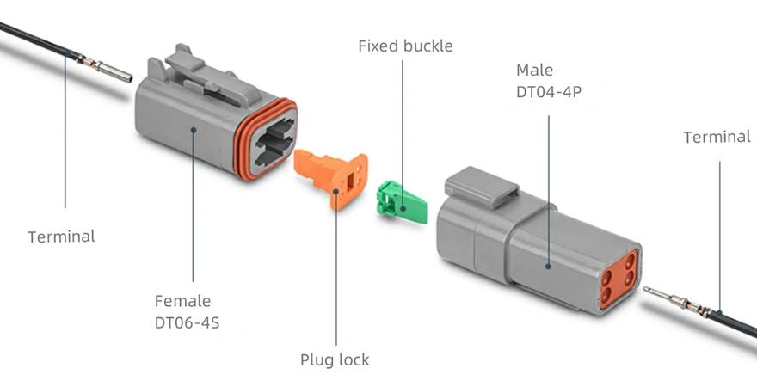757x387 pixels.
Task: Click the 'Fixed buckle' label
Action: pyautogui.click(x=405, y=46)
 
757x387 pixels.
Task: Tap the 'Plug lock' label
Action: pyautogui.click(x=335, y=359)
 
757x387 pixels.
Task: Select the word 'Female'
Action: pyautogui.click(x=182, y=301)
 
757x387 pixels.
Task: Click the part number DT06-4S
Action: pyautogui.click(x=187, y=322)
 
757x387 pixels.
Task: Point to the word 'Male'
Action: pyautogui.click(x=534, y=70)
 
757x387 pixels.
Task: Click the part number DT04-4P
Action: pyautogui.click(x=549, y=92)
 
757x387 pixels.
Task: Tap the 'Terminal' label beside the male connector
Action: pyautogui.click(x=717, y=137)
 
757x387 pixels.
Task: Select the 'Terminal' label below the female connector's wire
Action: pyautogui.click(x=61, y=236)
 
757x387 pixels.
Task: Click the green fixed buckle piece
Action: pyautogui.click(x=402, y=202)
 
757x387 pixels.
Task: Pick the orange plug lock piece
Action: pyautogui.click(x=332, y=177)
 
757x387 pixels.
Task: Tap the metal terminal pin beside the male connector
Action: pyautogui.click(x=676, y=300)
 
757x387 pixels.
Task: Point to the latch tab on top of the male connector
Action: pyautogui.click(x=482, y=187)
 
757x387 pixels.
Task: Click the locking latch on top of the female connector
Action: pyautogui.click(x=207, y=78)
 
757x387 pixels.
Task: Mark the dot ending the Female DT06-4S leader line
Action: pyautogui.click(x=193, y=129)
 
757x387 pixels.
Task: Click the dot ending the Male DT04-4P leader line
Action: pyautogui.click(x=548, y=266)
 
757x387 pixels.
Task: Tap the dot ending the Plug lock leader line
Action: pyautogui.click(x=336, y=191)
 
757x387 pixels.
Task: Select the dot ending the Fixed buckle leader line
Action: pyautogui.click(x=403, y=209)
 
